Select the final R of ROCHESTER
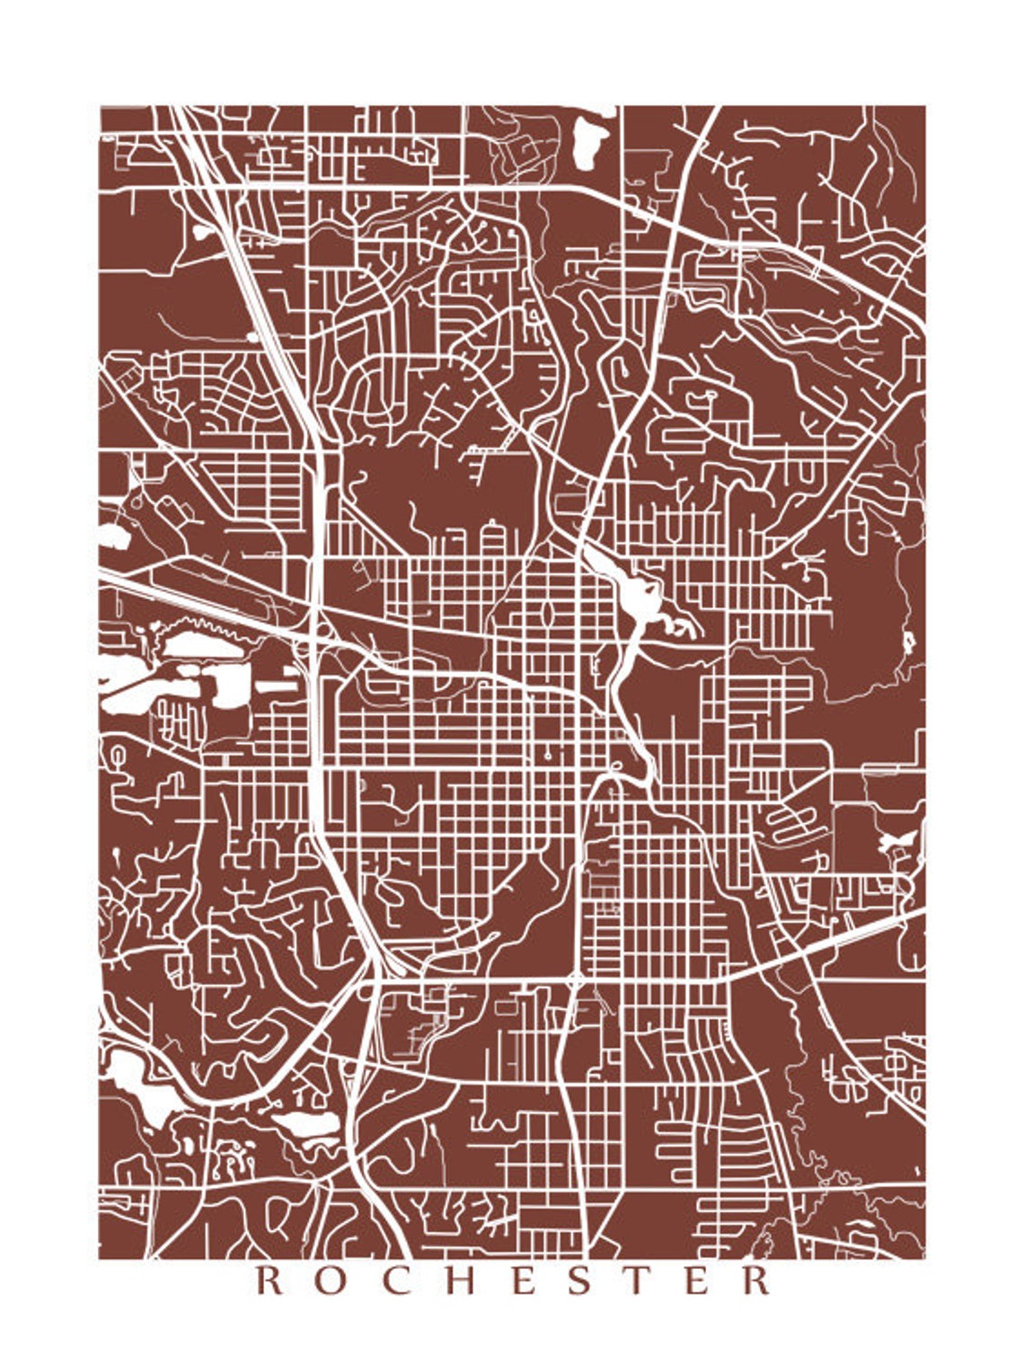757,1280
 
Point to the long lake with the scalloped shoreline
205,642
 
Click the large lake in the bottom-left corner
126,1074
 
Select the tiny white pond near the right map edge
908,641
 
